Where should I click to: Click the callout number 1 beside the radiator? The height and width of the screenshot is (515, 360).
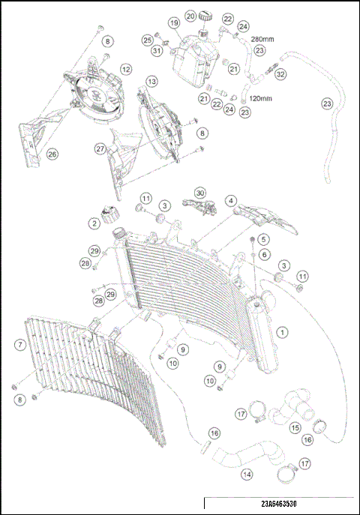(282, 331)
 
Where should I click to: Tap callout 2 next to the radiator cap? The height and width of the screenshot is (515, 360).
(94, 223)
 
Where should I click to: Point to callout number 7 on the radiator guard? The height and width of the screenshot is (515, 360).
(20, 345)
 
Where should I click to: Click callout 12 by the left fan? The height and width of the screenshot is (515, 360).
(126, 69)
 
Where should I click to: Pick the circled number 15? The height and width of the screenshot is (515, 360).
(295, 427)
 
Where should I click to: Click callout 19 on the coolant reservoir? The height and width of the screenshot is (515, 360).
(173, 23)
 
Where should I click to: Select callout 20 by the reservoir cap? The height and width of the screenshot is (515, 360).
(190, 15)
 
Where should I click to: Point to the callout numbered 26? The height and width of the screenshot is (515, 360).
(52, 154)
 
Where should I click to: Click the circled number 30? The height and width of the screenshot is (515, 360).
(199, 193)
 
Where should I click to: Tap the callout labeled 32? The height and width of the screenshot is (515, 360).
(281, 74)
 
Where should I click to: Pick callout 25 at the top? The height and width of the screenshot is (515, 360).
(148, 39)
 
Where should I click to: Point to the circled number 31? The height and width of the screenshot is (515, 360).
(156, 51)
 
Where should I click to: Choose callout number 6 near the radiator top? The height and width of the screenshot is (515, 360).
(264, 255)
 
